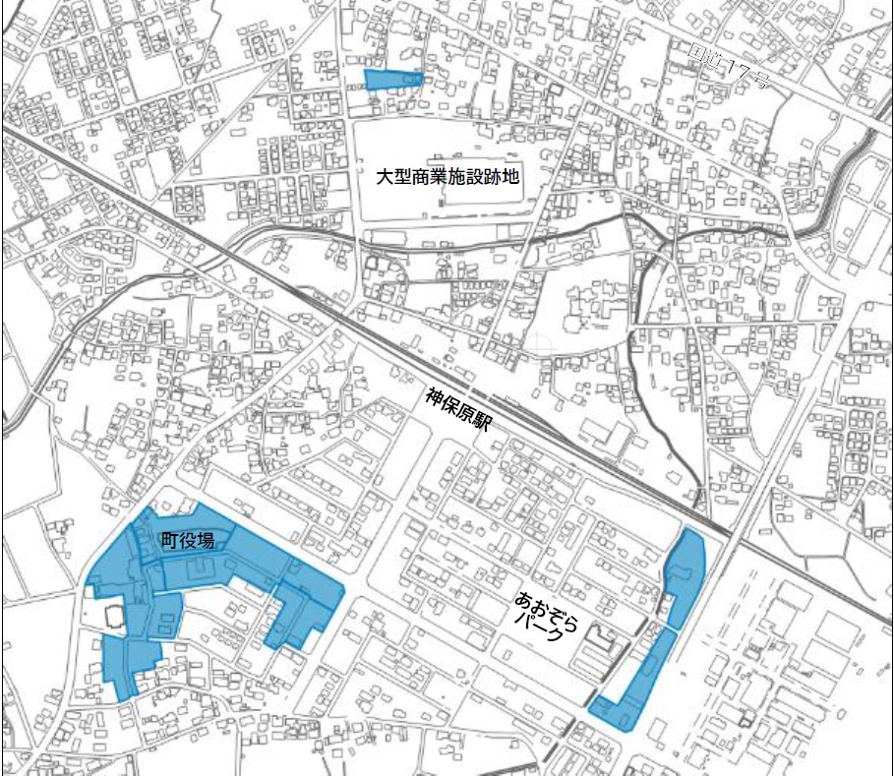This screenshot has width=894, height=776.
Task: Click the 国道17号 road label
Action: [x=729, y=68]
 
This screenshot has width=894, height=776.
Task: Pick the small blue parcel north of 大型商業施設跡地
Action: [x=392, y=79]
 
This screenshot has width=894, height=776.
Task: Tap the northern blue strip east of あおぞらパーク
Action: [x=686, y=575]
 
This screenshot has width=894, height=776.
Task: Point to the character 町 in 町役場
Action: [x=172, y=540]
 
